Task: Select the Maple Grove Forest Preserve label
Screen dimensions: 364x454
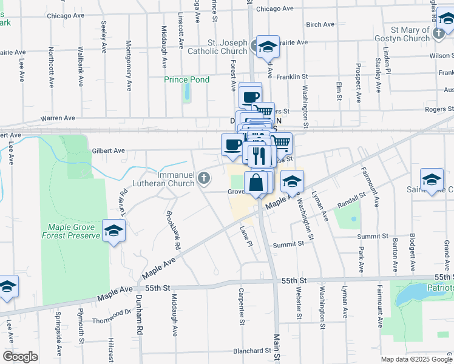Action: [70, 231]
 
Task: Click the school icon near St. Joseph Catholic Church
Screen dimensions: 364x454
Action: [266, 46]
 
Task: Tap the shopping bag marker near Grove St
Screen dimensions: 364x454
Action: [256, 181]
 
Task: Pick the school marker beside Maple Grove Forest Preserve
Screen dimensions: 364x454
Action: [113, 231]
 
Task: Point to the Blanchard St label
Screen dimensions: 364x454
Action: [252, 351]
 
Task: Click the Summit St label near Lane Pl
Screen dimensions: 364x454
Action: [288, 244]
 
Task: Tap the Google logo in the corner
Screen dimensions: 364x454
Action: [20, 357]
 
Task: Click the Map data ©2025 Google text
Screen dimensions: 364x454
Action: [416, 359]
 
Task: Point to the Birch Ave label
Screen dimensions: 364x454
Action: [320, 25]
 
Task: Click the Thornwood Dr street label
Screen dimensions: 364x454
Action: [112, 315]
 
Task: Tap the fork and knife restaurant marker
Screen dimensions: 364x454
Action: [260, 155]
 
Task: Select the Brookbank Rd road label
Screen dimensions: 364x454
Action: [173, 231]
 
